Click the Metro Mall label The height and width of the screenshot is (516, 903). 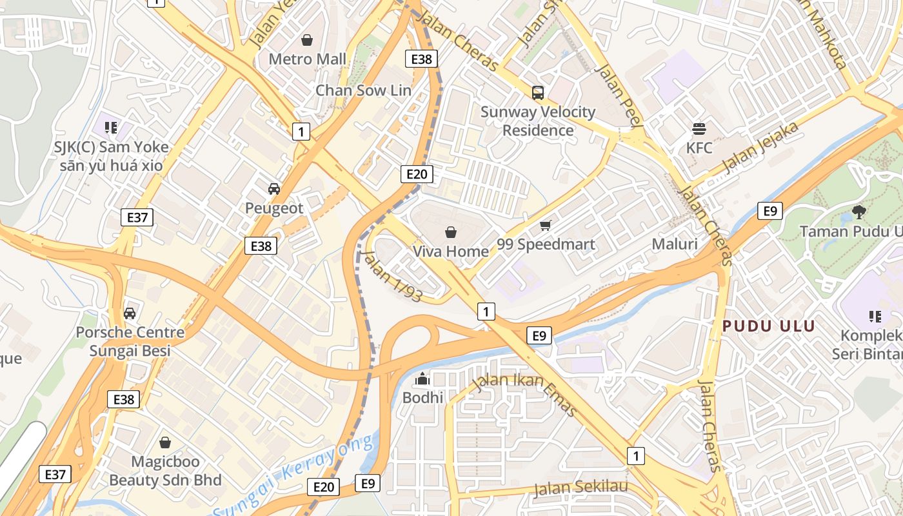pyautogui.click(x=307, y=59)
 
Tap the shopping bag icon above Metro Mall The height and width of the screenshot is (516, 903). pyautogui.click(x=307, y=40)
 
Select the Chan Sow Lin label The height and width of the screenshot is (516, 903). pyautogui.click(x=362, y=90)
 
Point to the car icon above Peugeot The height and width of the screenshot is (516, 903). pyautogui.click(x=274, y=189)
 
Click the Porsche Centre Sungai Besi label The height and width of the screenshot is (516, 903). pyautogui.click(x=130, y=342)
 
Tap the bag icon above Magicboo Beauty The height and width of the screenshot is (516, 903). pyautogui.click(x=165, y=442)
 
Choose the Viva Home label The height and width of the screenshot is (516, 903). pyautogui.click(x=450, y=252)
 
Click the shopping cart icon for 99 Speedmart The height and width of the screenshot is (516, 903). pyautogui.click(x=546, y=225)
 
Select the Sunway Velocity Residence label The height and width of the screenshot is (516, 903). pyautogui.click(x=538, y=121)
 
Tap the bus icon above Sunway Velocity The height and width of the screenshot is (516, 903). pyautogui.click(x=538, y=92)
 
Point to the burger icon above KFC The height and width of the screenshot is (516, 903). pyautogui.click(x=699, y=128)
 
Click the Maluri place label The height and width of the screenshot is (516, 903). pyautogui.click(x=675, y=244)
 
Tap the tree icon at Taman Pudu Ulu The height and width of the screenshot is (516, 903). pyautogui.click(x=858, y=212)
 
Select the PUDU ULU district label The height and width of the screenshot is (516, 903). pyautogui.click(x=769, y=326)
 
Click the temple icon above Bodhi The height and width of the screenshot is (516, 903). pyautogui.click(x=423, y=378)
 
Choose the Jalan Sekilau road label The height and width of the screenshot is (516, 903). pyautogui.click(x=581, y=488)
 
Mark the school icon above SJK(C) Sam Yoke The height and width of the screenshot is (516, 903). pyautogui.click(x=111, y=128)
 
